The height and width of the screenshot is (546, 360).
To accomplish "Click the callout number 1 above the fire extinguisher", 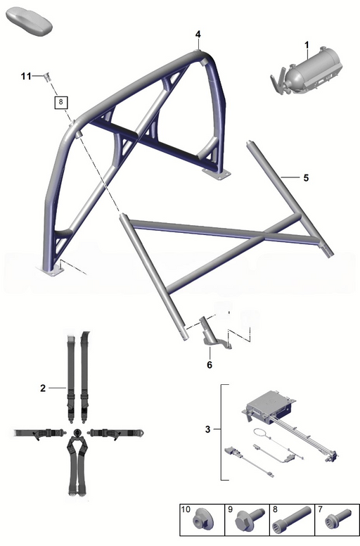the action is pyautogui.click(x=307, y=45).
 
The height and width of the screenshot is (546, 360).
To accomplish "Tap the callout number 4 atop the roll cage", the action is pyautogui.click(x=198, y=34).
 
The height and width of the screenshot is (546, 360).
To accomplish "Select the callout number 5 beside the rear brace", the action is pyautogui.click(x=306, y=178).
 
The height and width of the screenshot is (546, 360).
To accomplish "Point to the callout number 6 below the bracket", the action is pyautogui.click(x=210, y=364).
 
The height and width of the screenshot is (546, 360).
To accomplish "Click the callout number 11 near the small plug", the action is pyautogui.click(x=26, y=76).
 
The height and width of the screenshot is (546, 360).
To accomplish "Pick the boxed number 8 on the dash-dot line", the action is pyautogui.click(x=61, y=102).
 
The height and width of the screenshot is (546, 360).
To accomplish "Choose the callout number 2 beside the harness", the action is pyautogui.click(x=43, y=388).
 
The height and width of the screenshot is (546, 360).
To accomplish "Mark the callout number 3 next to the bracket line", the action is pyautogui.click(x=207, y=429).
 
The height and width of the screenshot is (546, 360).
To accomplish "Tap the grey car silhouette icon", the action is pyautogui.click(x=29, y=23).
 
